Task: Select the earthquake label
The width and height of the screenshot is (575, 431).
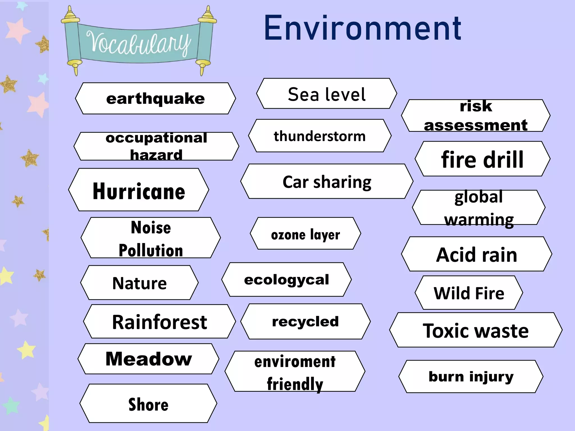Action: tap(155, 98)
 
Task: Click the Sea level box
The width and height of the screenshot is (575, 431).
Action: tap(327, 94)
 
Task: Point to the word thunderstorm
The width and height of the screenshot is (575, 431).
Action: tap(320, 136)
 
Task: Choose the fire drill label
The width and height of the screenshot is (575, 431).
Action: tap(482, 159)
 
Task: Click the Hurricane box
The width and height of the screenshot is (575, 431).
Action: tap(139, 191)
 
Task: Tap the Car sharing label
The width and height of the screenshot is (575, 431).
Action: tap(327, 182)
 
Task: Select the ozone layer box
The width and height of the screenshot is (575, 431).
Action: tap(305, 234)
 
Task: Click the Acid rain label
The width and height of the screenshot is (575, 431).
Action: tap(476, 255)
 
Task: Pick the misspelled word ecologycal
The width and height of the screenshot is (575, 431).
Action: tap(286, 280)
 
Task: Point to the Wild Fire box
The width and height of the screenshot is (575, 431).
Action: tap(469, 293)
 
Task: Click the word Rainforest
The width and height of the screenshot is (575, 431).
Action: tap(159, 322)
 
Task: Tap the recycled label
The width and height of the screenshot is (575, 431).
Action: tap(305, 322)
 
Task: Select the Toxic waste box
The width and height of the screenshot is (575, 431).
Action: tap(476, 331)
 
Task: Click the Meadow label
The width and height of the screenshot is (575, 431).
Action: tap(149, 359)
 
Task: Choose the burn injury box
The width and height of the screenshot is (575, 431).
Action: tap(471, 377)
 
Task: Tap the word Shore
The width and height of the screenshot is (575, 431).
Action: tap(148, 404)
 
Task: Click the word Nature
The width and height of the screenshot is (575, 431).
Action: tap(140, 283)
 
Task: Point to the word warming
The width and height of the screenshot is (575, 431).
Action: tap(479, 220)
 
